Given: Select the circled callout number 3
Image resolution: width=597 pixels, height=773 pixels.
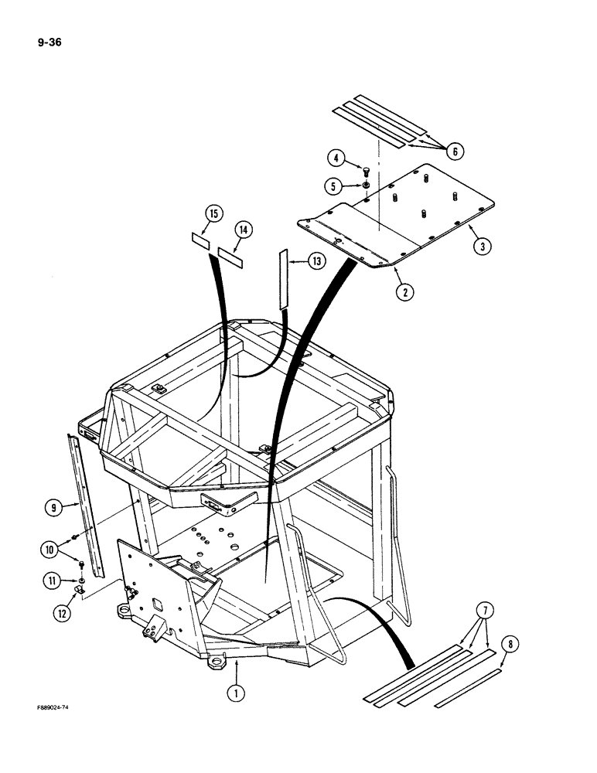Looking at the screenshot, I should click(x=481, y=247).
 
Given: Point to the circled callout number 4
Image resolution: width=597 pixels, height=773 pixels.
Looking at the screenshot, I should click(x=336, y=160).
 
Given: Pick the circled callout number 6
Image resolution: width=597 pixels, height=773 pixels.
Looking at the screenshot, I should click(x=455, y=152).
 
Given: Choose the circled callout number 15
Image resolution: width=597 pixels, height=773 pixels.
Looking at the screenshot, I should click(x=214, y=213).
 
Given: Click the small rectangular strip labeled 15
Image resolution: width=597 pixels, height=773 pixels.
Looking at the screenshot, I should click(x=199, y=240).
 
